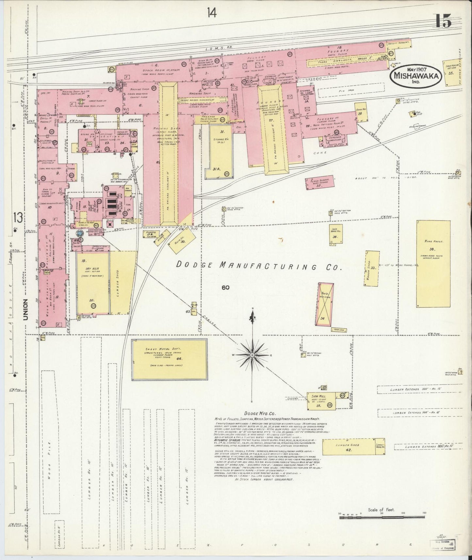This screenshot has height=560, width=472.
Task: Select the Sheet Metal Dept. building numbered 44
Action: (170, 359)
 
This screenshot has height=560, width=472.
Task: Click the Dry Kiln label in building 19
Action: (86, 269)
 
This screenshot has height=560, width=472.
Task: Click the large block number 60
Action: (225, 288)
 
